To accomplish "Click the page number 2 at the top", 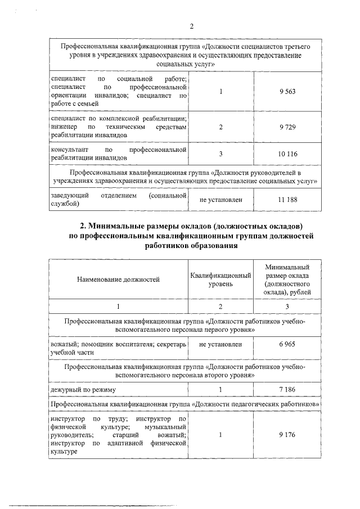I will (x=191, y=26).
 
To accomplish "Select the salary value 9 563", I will (x=287, y=92).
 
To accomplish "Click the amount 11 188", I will (x=287, y=200).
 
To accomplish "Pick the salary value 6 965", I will (x=287, y=344).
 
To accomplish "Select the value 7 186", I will (x=287, y=389).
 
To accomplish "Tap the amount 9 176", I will (x=287, y=435).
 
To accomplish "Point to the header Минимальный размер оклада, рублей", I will (x=287, y=279).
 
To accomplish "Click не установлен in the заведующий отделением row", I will (x=220, y=200).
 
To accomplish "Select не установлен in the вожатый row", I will (x=220, y=344).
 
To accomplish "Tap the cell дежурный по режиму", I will (x=83, y=389).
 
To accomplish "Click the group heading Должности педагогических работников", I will (x=256, y=404).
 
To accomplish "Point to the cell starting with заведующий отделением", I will (x=118, y=200).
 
